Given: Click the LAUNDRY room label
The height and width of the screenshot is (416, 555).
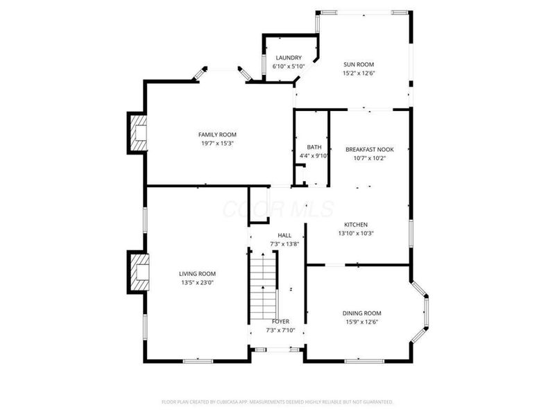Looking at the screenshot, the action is [x=289, y=58].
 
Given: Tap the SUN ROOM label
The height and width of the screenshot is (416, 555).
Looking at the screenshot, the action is [x=359, y=64].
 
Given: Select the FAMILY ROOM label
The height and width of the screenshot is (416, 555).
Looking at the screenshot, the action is [x=217, y=135].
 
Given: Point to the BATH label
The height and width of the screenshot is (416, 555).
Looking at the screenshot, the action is [x=314, y=147].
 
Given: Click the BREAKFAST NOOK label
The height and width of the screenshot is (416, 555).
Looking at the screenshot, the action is [x=370, y=149].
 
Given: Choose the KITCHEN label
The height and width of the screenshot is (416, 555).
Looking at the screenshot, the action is [x=356, y=224].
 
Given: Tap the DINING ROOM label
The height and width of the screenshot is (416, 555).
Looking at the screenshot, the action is [x=361, y=313].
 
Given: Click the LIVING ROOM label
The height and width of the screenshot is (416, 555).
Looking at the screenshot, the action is [x=197, y=273].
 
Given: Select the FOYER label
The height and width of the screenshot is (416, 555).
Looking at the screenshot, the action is [x=280, y=321].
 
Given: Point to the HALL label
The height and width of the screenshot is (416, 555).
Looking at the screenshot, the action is [x=284, y=235].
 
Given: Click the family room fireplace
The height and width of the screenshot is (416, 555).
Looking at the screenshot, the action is [x=137, y=133].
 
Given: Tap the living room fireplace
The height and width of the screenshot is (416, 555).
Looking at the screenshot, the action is [x=138, y=272].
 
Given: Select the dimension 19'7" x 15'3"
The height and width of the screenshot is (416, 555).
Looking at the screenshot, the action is [x=217, y=144].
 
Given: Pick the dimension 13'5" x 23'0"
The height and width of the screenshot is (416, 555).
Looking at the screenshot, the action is [x=198, y=282].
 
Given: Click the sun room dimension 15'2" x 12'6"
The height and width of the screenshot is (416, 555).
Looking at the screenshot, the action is [x=359, y=73].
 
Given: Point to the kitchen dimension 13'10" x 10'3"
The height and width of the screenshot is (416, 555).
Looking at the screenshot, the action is [x=356, y=233].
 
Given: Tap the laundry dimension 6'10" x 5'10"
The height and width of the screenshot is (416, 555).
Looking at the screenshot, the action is [x=289, y=67].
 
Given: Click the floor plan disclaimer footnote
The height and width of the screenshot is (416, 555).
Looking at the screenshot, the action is [x=277, y=402].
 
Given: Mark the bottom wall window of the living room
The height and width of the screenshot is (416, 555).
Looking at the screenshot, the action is [x=198, y=361].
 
